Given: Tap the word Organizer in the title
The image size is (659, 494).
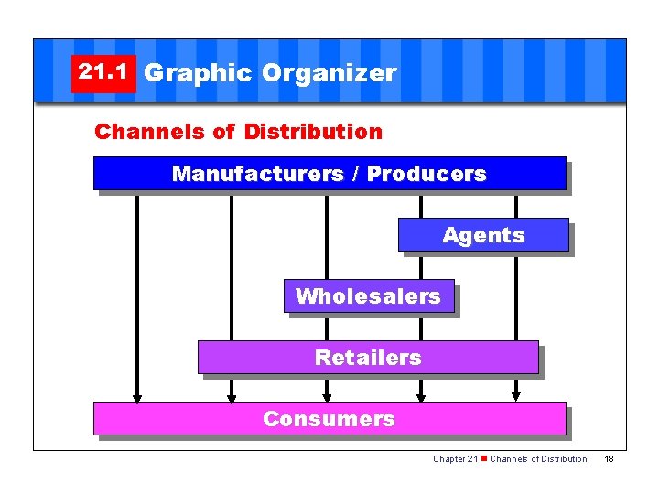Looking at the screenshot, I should pyautogui.click(x=329, y=73).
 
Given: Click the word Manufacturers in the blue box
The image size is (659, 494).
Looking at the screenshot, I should pyautogui.click(x=257, y=174).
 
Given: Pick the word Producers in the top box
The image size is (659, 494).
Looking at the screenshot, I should pyautogui.click(x=427, y=174).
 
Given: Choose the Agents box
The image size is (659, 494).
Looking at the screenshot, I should pyautogui.click(x=483, y=235).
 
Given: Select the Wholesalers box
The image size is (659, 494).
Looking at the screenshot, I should pyautogui.click(x=368, y=296).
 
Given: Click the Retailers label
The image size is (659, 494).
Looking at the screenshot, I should pyautogui.click(x=368, y=358).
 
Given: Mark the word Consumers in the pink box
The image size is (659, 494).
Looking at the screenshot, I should pyautogui.click(x=329, y=419).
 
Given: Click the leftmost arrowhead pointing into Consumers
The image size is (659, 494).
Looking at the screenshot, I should pyautogui.click(x=137, y=397).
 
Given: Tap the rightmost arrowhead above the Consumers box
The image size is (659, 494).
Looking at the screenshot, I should pyautogui.click(x=515, y=397).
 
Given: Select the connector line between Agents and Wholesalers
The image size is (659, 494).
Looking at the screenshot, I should pyautogui.click(x=421, y=265).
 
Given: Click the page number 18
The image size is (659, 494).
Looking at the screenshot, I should pyautogui.click(x=609, y=458).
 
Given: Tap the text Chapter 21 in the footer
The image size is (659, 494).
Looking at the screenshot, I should pyautogui.click(x=455, y=458).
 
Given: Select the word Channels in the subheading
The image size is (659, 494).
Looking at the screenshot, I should pyautogui.click(x=153, y=132).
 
